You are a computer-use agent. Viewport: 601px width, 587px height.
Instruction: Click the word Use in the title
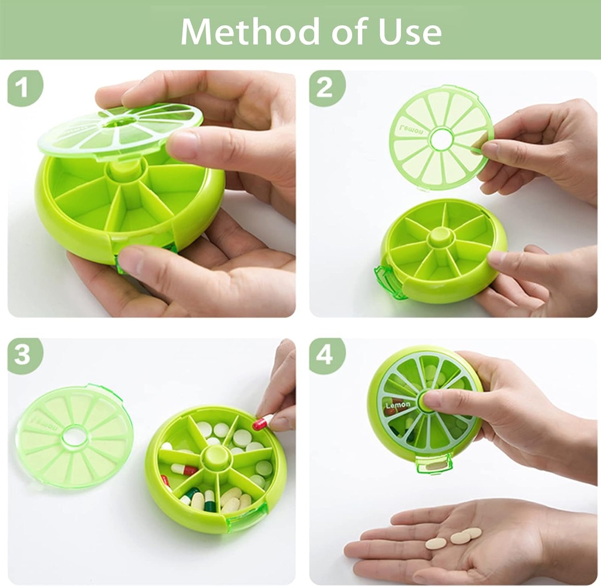[411, 32]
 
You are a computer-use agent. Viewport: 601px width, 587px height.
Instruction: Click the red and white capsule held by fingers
[262, 421]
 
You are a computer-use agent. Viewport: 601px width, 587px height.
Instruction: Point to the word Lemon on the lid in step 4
[397, 405]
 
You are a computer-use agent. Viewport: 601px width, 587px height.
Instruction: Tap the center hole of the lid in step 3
[74, 437]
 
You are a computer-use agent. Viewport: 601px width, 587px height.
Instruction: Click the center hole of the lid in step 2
[441, 138]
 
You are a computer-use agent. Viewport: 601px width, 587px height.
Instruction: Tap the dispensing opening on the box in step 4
[434, 464]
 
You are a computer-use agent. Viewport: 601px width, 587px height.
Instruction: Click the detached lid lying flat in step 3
[74, 437]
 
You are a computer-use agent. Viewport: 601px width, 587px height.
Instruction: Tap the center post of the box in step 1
[124, 169]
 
